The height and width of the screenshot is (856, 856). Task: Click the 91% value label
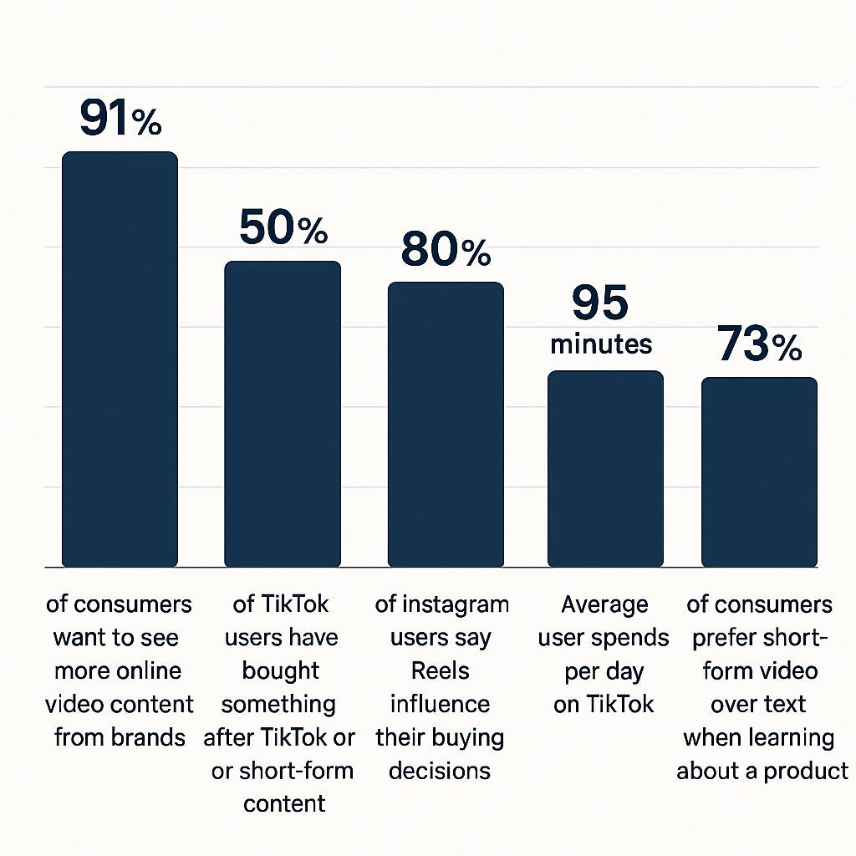[120, 118]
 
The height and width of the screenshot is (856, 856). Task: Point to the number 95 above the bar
[600, 303]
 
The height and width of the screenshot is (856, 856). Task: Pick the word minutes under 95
[601, 344]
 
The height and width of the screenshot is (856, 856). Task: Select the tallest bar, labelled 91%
[120, 359]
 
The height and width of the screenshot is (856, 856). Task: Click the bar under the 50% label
[283, 414]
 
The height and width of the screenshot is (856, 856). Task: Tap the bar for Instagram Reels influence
[446, 425]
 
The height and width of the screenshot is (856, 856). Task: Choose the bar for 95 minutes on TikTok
[605, 468]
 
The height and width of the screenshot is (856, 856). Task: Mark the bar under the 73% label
[759, 472]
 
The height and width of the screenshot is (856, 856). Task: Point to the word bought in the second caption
[281, 671]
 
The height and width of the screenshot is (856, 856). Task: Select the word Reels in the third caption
[441, 671]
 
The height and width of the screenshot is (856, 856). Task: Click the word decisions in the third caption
[440, 770]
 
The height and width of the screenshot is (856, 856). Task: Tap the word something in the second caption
[278, 704]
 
